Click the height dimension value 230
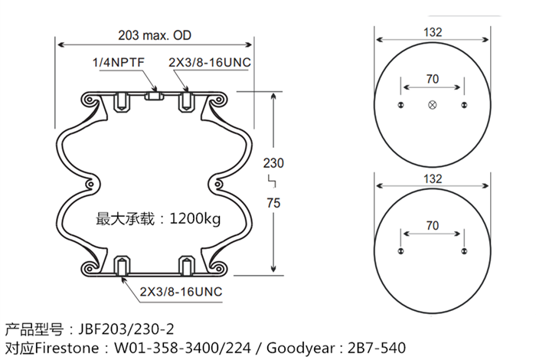point(273,162)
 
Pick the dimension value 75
point(274,202)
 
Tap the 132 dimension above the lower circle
point(433,178)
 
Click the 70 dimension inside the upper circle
point(433,79)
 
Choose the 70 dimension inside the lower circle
point(433,225)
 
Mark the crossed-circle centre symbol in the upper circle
point(433,105)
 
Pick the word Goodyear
point(298,348)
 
